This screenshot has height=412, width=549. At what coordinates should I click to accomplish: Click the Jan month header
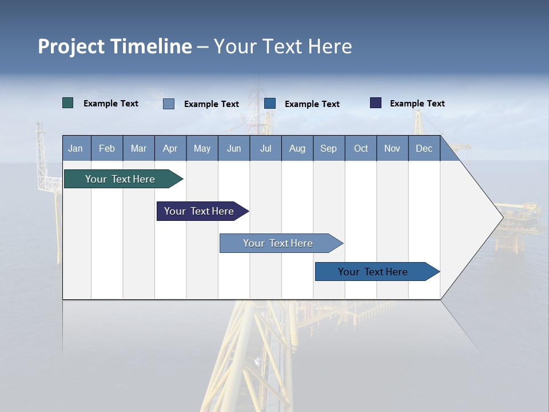76,148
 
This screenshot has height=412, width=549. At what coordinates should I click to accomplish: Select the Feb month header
107,148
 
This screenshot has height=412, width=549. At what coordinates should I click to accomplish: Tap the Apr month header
170,148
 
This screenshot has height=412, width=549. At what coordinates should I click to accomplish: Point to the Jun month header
234,148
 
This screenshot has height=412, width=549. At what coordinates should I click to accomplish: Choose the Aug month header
297,148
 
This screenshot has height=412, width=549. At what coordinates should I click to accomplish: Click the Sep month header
329,148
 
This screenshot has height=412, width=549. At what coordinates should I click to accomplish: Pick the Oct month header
361,148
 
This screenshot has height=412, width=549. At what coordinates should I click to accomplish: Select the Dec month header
424,148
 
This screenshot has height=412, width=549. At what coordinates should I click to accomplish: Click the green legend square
68,103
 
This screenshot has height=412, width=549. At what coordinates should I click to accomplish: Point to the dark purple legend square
376,103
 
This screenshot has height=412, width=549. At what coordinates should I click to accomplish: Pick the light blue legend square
169,104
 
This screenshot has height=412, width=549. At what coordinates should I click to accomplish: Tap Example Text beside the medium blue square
312,104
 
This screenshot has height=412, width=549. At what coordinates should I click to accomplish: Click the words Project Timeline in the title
115,46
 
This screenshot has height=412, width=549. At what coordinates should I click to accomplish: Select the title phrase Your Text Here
283,46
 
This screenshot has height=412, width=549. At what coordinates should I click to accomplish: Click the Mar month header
138,148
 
